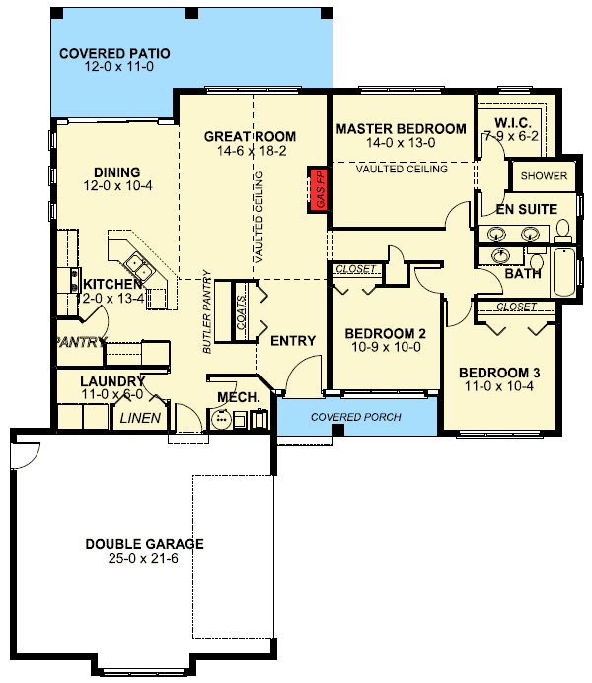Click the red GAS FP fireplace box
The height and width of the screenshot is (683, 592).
click(319, 187)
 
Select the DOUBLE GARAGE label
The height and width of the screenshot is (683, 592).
click(144, 543)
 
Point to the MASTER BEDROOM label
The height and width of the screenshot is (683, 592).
click(401, 129)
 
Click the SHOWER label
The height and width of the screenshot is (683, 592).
click(544, 176)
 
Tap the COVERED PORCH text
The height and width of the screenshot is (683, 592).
click(356, 417)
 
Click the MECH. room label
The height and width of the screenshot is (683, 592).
click(238, 397)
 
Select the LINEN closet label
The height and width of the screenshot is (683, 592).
click(140, 418)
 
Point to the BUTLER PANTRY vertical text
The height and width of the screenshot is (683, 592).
click(208, 310)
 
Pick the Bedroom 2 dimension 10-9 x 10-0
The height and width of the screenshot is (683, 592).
click(384, 347)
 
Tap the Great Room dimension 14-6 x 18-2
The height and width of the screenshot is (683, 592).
click(250, 152)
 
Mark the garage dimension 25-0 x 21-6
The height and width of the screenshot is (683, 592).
click(144, 559)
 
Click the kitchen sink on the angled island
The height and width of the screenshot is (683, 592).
click(136, 265)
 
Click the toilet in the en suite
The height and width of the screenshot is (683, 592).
click(563, 231)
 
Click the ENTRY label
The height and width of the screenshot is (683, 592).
click(293, 341)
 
